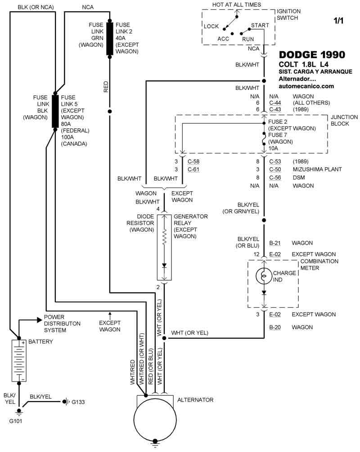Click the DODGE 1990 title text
point(312,55)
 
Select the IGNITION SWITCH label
point(288,14)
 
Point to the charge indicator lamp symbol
point(264,276)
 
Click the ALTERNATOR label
point(195,400)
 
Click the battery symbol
point(19,361)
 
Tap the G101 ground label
point(18,421)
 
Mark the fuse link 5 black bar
point(55,112)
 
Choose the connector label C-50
point(275,170)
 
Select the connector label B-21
point(275,243)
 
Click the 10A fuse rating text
point(274,148)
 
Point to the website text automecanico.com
point(306,86)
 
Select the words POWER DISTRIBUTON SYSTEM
point(62,324)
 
